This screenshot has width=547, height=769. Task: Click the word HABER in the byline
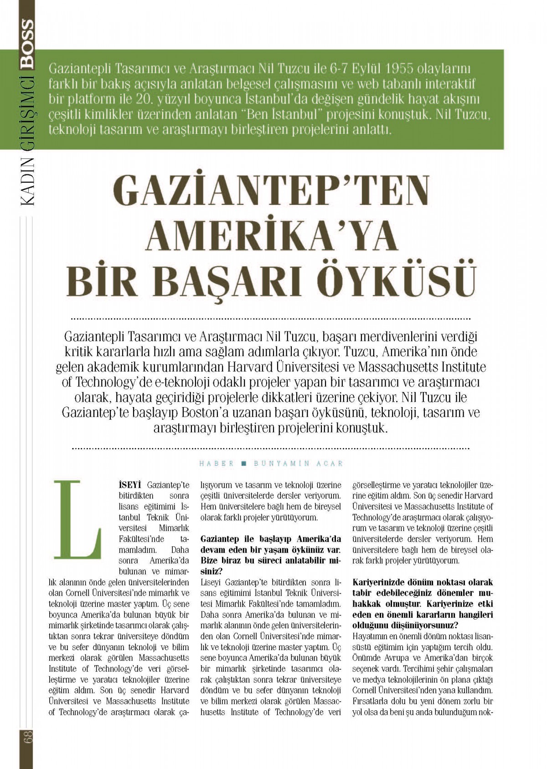[x=217, y=463]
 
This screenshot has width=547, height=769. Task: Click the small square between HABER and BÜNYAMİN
[x=243, y=463]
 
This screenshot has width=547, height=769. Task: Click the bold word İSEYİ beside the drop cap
[x=130, y=485]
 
